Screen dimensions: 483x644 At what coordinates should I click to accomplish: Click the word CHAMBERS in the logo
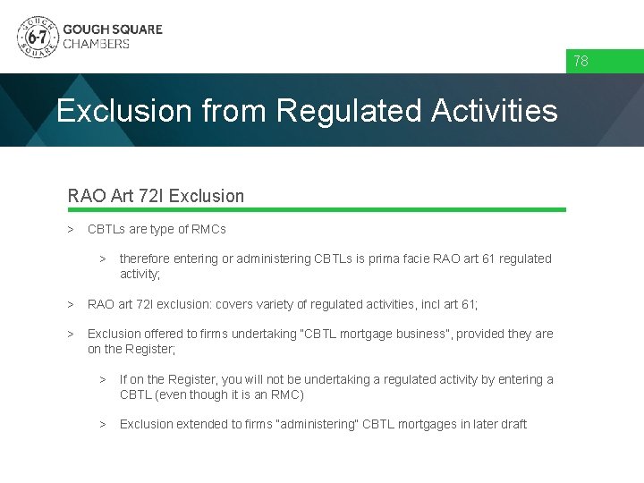click(x=96, y=44)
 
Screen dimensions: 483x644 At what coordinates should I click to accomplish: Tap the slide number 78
click(x=580, y=62)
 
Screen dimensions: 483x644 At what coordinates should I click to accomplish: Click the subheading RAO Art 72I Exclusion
click(x=156, y=195)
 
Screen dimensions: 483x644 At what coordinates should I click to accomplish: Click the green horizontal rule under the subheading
click(x=317, y=210)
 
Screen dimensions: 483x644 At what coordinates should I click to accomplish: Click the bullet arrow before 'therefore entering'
click(x=103, y=258)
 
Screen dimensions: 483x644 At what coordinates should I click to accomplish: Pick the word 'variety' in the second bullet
click(x=311, y=304)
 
